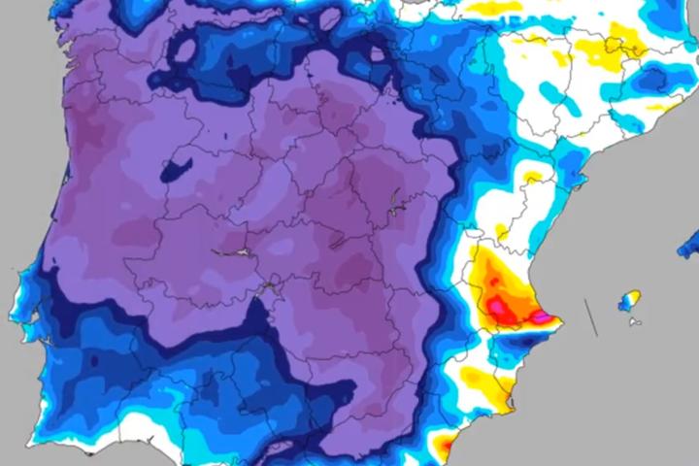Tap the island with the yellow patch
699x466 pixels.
(630, 300)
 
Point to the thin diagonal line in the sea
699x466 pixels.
(589, 316)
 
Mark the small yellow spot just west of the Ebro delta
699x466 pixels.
(533, 179)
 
